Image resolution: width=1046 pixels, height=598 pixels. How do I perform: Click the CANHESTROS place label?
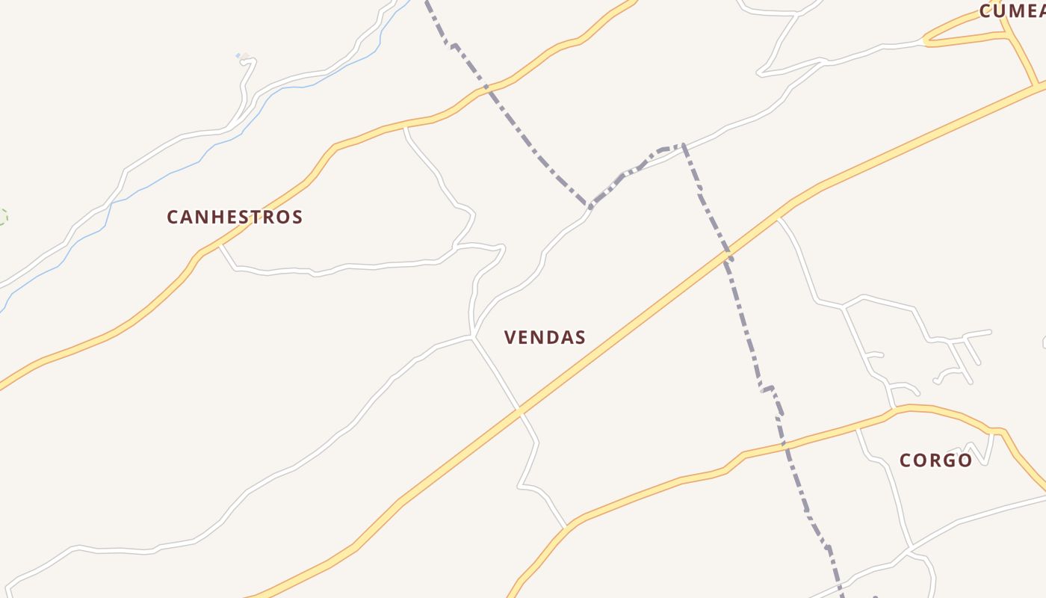pos(235,218)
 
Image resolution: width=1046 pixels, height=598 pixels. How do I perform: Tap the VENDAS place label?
pos(545,338)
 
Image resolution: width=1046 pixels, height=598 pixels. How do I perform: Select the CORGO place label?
pos(935,460)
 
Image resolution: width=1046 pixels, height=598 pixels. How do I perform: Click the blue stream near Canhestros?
pos(172,173)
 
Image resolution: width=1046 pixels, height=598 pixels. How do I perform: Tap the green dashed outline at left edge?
pos(3,217)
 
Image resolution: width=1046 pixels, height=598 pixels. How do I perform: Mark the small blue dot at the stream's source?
pos(238,55)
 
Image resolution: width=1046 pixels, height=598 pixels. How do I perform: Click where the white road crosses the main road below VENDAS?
pos(519,410)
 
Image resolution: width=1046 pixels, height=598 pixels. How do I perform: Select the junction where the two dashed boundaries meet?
pos(589,204)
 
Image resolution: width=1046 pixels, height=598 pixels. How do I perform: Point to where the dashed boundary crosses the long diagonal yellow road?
pos(728,256)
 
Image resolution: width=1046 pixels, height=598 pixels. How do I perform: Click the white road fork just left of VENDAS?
pos(473,337)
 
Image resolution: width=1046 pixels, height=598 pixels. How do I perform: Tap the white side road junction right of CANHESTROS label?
pos(220,244)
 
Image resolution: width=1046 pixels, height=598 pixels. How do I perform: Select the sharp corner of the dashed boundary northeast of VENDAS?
pos(682,145)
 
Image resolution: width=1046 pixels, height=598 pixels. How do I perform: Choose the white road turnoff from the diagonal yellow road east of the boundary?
pos(778,218)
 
